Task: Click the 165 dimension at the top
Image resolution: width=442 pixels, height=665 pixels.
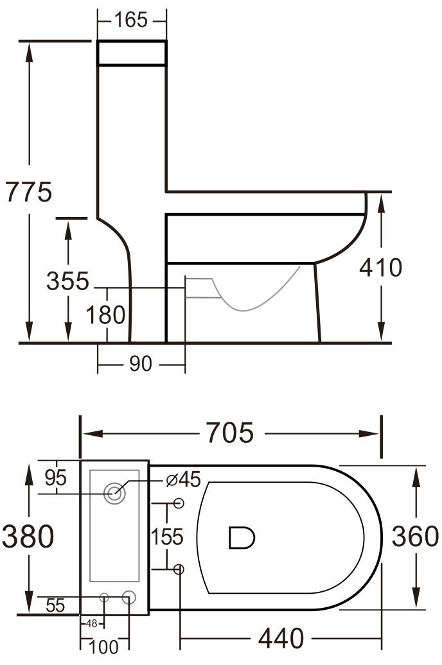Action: (x=131, y=20)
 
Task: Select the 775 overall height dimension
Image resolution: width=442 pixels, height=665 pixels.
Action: (x=28, y=191)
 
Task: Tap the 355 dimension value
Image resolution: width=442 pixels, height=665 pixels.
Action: (x=67, y=281)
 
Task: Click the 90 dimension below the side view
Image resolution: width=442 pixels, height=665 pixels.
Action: (x=141, y=364)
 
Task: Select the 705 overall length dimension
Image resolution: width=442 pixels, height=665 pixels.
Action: (x=230, y=434)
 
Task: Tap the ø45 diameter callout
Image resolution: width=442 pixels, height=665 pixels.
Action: (x=183, y=479)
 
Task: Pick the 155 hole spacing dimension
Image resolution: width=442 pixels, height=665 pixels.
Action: (x=168, y=536)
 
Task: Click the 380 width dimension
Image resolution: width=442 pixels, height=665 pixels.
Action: (x=28, y=537)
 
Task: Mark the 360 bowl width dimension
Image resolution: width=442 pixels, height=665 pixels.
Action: (x=415, y=537)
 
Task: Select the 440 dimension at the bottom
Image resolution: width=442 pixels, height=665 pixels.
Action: (x=281, y=639)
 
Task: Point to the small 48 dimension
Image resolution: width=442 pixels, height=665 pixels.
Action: (x=92, y=623)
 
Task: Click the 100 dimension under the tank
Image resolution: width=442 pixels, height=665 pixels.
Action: (x=104, y=646)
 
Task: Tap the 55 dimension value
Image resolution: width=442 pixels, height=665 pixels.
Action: (x=55, y=605)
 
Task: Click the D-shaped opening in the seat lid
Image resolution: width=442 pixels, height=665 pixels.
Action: (x=242, y=537)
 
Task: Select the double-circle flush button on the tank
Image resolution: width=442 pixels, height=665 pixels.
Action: (x=116, y=493)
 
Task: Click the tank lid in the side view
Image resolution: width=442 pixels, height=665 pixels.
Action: (x=132, y=53)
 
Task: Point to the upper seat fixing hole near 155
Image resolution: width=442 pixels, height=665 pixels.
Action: (x=179, y=503)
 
